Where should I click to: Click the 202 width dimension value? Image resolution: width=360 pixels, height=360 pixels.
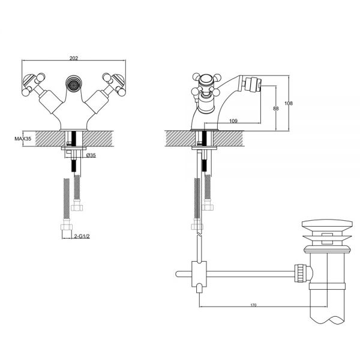pyautogui.click(x=74, y=58)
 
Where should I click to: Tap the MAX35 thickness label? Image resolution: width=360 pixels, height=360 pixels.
pyautogui.click(x=23, y=139)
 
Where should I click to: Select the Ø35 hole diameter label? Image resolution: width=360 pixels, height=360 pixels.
pyautogui.click(x=91, y=155)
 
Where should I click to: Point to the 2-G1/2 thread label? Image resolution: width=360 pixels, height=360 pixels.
pyautogui.click(x=82, y=236)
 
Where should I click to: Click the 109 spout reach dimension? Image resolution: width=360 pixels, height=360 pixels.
pyautogui.click(x=233, y=121)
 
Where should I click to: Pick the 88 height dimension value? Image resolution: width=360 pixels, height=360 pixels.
pyautogui.click(x=276, y=108)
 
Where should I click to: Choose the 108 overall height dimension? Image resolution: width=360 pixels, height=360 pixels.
pyautogui.click(x=289, y=103)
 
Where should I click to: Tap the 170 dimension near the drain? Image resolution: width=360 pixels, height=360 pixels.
pyautogui.click(x=253, y=305)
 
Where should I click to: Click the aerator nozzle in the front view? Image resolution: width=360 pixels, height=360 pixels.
pyautogui.click(x=74, y=83)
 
